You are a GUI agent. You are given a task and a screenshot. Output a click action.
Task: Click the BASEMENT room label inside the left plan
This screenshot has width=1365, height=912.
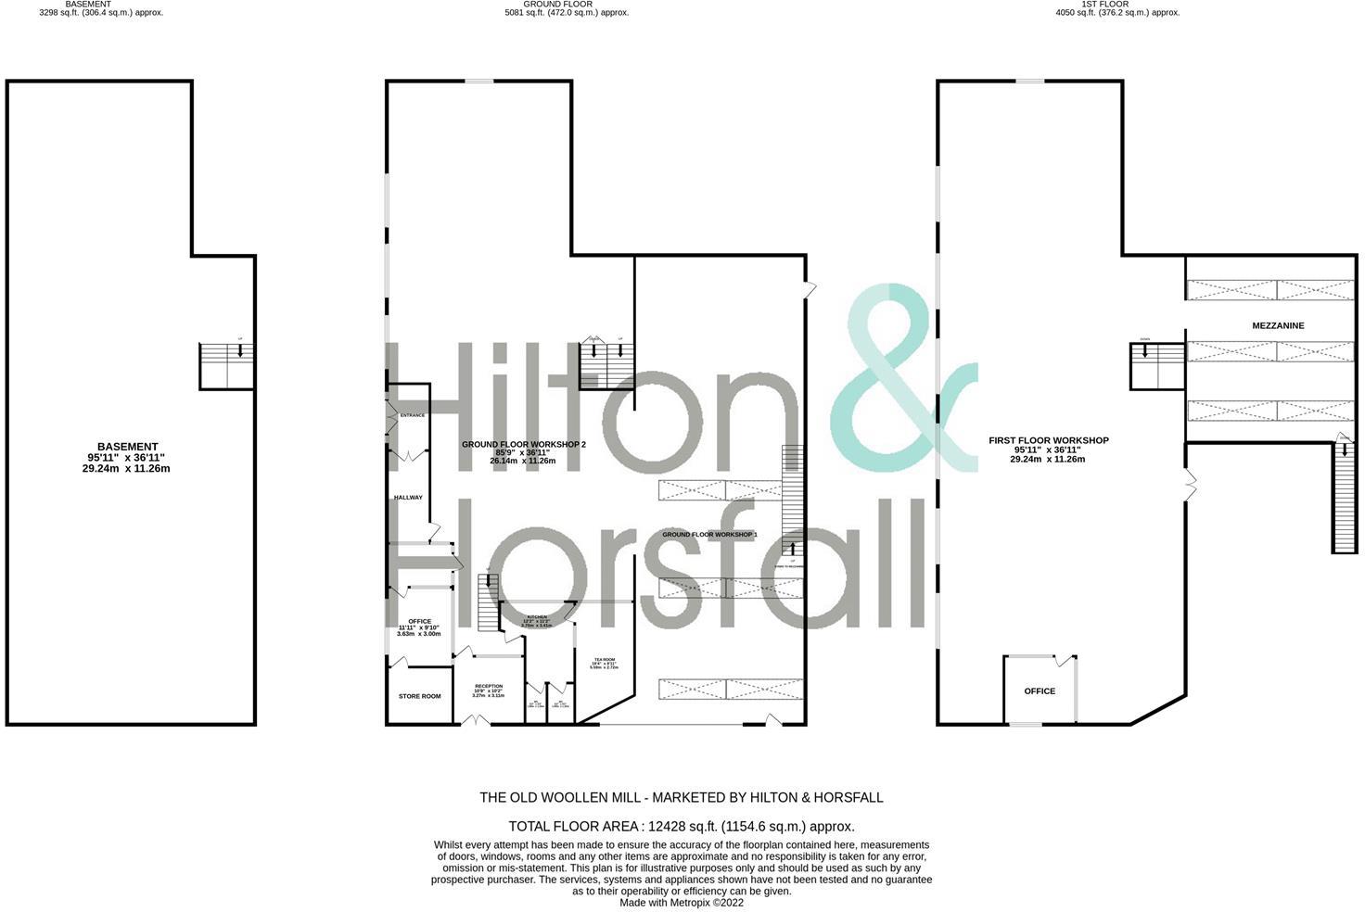tap(127, 447)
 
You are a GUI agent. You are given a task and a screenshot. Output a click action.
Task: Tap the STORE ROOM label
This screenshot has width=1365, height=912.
tap(419, 696)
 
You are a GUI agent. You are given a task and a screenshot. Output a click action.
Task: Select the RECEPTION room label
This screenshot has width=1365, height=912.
tap(488, 687)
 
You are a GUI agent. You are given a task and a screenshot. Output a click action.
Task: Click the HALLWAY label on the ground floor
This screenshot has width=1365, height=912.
tap(408, 498)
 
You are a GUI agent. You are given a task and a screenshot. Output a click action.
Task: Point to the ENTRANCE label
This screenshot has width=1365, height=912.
tap(412, 415)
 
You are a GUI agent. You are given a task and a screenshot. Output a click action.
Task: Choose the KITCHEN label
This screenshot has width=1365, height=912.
tap(537, 616)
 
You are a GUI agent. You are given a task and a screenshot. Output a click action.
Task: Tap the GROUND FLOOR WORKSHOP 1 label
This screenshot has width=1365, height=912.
tap(709, 535)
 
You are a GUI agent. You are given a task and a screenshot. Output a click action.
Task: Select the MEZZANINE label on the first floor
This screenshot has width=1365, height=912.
tap(1278, 326)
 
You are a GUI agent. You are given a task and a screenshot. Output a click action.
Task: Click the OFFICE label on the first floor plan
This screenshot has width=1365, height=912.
tap(1040, 691)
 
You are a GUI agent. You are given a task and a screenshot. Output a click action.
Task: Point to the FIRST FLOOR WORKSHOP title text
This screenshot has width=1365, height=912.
tap(1048, 440)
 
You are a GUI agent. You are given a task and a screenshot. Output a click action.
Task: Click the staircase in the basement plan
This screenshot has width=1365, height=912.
tap(227, 365)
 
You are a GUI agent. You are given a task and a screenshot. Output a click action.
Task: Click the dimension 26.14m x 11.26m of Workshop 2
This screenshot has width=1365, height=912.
tap(522, 461)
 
